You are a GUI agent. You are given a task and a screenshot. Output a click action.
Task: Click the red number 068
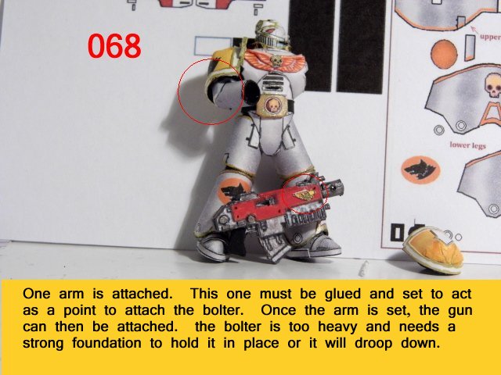coord(114,46)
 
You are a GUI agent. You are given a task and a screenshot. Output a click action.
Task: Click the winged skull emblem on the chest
coord(275,59)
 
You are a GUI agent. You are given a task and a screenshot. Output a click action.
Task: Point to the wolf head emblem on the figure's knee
coord(233,190)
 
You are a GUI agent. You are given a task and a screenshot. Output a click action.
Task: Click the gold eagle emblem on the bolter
coord(305,194)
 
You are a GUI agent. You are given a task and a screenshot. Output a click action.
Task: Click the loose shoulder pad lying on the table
coord(433,250)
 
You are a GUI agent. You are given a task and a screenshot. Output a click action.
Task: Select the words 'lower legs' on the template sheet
coord(467,145)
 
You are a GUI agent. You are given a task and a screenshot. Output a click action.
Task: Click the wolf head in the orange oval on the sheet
coord(420,169)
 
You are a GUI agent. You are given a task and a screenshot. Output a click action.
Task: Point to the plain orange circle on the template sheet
coord(444,54)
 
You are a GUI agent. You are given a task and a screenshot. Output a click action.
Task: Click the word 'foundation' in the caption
coord(106,343)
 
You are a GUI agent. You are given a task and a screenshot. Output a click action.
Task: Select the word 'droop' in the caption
coord(375,344)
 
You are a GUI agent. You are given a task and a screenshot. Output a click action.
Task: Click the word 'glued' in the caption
coord(343,294)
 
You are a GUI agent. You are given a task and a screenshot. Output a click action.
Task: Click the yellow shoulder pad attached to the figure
coord(225,69)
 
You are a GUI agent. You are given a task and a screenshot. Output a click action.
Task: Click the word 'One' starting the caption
coord(37,294)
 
